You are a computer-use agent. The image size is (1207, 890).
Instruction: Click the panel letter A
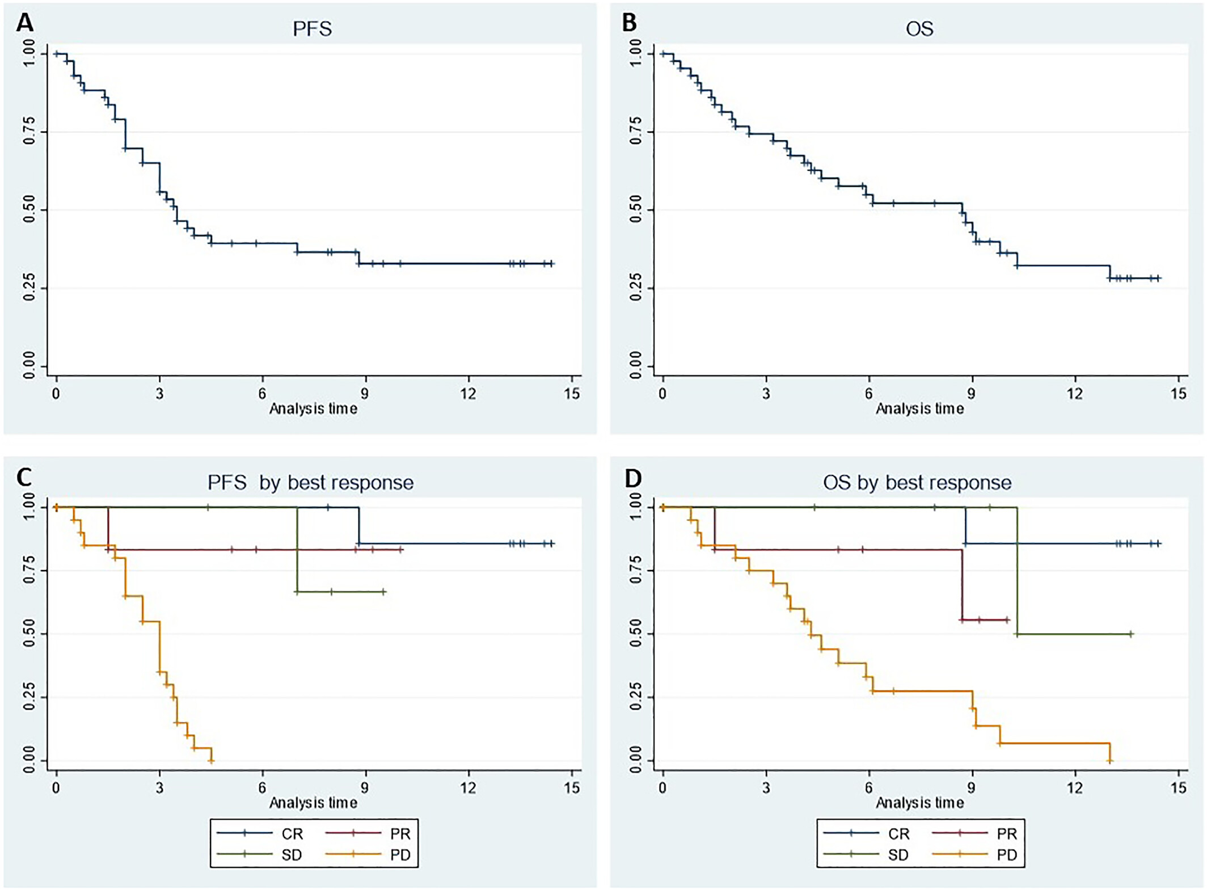(x=24, y=23)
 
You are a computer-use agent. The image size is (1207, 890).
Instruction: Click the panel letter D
(x=632, y=478)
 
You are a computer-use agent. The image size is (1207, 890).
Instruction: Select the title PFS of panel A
(x=312, y=29)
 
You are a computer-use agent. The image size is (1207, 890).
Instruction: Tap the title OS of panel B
(x=919, y=29)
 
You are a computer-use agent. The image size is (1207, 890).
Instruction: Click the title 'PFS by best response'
(x=310, y=483)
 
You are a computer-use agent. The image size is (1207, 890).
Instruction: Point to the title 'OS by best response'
(x=917, y=483)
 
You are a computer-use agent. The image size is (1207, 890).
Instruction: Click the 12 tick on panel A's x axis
(x=468, y=393)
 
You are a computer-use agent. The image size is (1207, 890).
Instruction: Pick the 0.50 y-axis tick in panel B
(x=636, y=210)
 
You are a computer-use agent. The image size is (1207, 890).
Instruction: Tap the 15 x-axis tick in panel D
(x=1179, y=787)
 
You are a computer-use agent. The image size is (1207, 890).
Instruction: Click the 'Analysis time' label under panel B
(x=919, y=408)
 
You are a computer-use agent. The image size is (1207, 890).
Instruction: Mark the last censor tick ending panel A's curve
(x=551, y=264)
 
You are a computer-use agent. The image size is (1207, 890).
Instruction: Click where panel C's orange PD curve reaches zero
(x=211, y=761)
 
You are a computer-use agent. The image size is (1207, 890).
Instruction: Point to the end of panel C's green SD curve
(x=383, y=592)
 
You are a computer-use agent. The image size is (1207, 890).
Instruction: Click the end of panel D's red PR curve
(x=1007, y=620)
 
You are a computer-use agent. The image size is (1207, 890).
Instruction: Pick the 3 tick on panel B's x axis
(x=766, y=393)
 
